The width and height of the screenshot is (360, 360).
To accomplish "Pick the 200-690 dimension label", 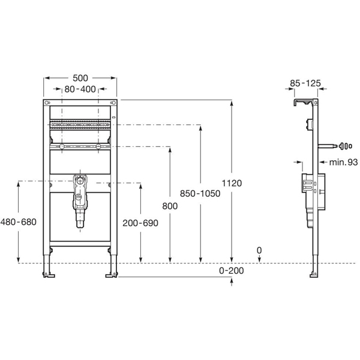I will click(141, 222).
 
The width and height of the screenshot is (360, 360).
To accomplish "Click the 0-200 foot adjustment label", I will click(232, 271).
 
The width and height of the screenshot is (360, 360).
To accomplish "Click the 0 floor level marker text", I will click(259, 250).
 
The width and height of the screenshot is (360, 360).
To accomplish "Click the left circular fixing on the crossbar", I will click(61, 147).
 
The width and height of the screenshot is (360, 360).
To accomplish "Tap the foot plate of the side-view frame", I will click(314, 275).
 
